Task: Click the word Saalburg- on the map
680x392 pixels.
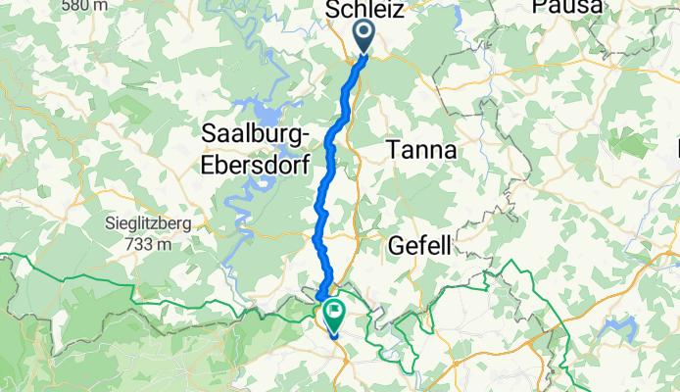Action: point(257,132)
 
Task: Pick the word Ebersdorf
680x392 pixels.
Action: point(257,163)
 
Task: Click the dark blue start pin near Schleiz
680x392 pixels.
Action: point(364,38)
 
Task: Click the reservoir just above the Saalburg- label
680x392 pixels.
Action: point(253,106)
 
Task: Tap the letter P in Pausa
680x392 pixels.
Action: point(539,7)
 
